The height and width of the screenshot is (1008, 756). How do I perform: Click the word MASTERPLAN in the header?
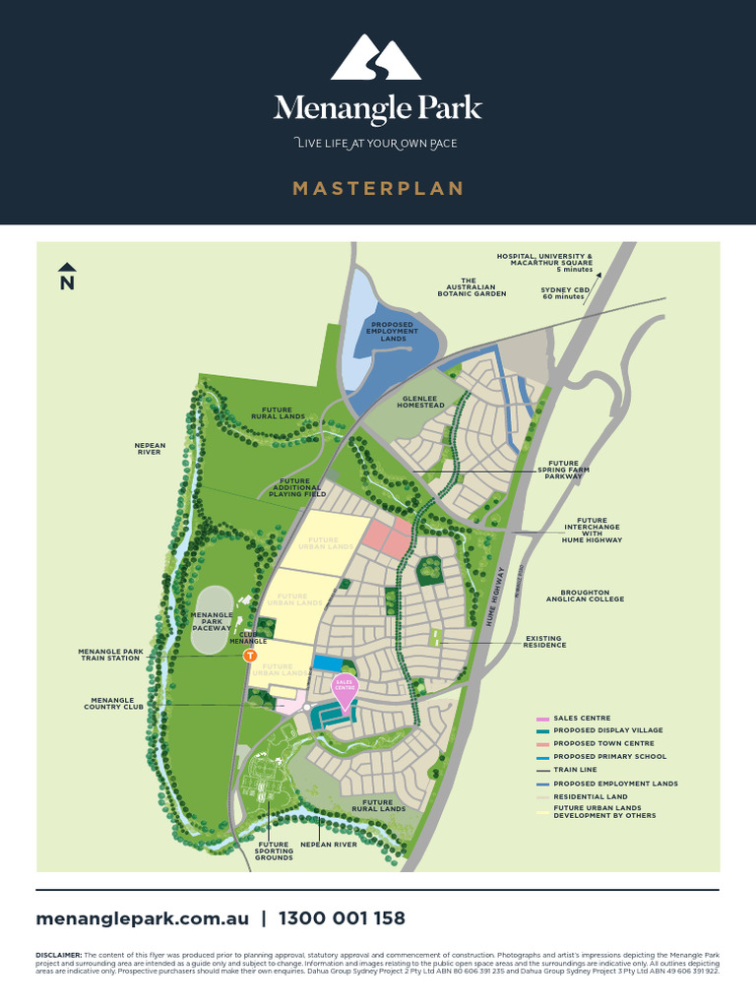point(378,188)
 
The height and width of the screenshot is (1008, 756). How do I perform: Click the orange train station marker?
point(250,655)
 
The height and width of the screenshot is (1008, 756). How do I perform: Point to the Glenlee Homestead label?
point(420,402)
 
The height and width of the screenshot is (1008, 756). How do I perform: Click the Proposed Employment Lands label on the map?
point(394,331)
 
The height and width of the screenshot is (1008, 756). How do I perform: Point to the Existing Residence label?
point(544,641)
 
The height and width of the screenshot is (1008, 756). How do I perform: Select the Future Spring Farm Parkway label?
point(563,470)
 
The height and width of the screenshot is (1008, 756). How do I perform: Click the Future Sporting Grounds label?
point(274,850)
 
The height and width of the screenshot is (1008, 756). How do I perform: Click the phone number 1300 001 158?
point(342,918)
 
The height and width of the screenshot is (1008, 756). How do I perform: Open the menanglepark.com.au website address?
point(142,918)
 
